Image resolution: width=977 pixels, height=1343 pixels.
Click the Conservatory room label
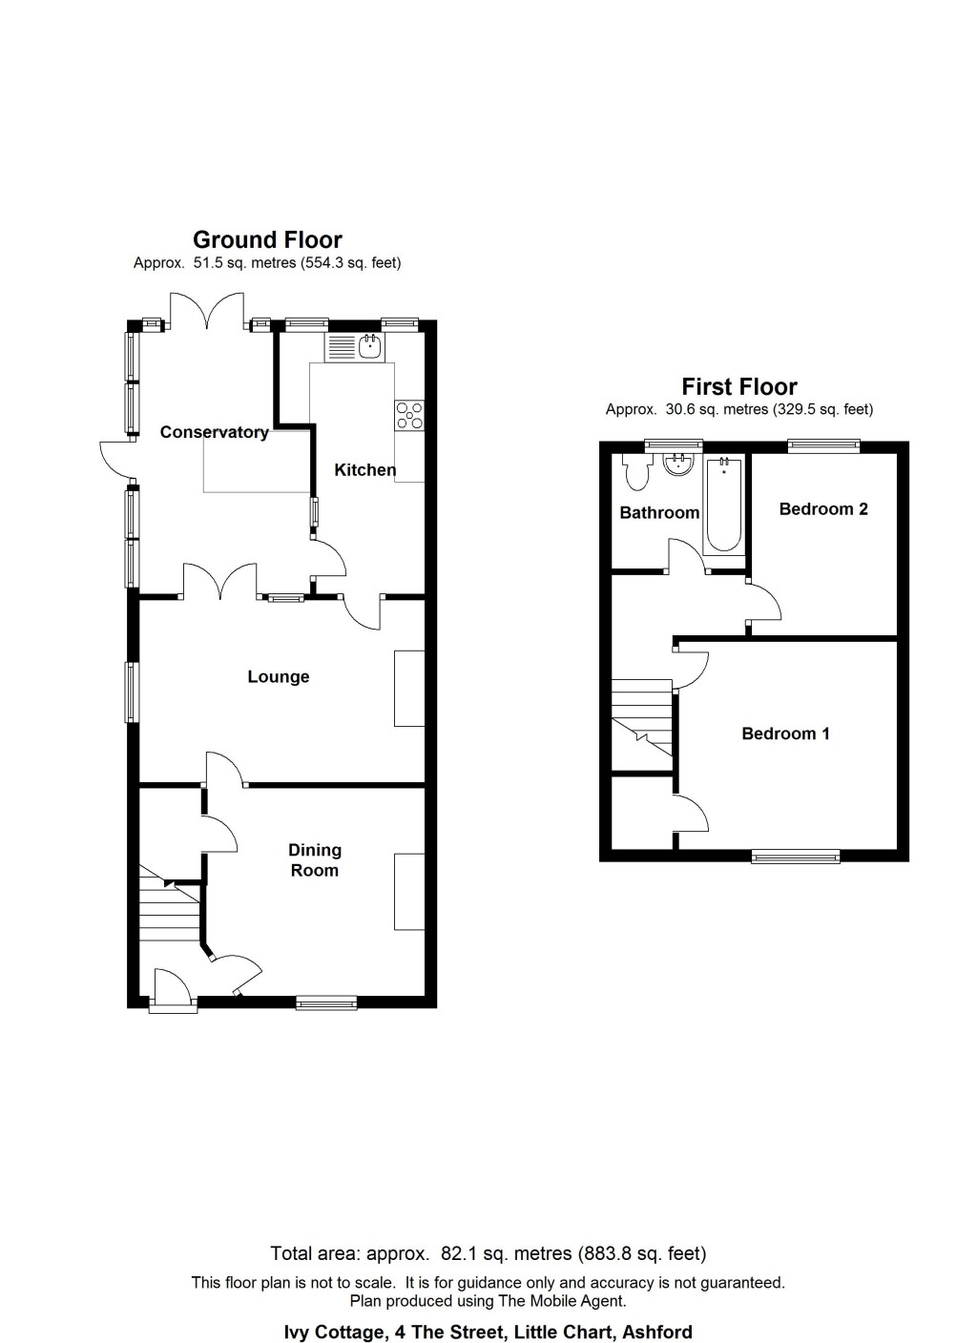click(214, 432)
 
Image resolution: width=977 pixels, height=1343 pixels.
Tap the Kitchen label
click(364, 469)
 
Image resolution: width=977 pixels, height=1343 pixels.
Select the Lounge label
click(278, 676)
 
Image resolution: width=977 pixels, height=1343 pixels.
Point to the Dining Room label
click(314, 859)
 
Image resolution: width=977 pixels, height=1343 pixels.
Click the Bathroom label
click(659, 512)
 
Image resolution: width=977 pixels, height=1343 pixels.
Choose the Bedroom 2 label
click(823, 508)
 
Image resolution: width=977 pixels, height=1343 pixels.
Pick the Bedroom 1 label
click(785, 733)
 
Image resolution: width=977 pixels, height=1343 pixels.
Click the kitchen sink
click(354, 347)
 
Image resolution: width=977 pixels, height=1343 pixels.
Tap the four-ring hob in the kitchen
click(409, 416)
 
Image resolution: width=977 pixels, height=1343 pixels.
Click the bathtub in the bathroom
click(724, 506)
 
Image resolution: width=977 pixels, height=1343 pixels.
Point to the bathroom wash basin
click(678, 465)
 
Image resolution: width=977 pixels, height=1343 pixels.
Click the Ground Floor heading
click(267, 239)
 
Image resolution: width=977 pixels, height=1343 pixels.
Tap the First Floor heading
click(739, 386)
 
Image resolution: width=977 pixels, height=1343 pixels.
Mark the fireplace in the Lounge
click(409, 689)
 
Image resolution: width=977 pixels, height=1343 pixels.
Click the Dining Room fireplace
click(409, 891)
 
